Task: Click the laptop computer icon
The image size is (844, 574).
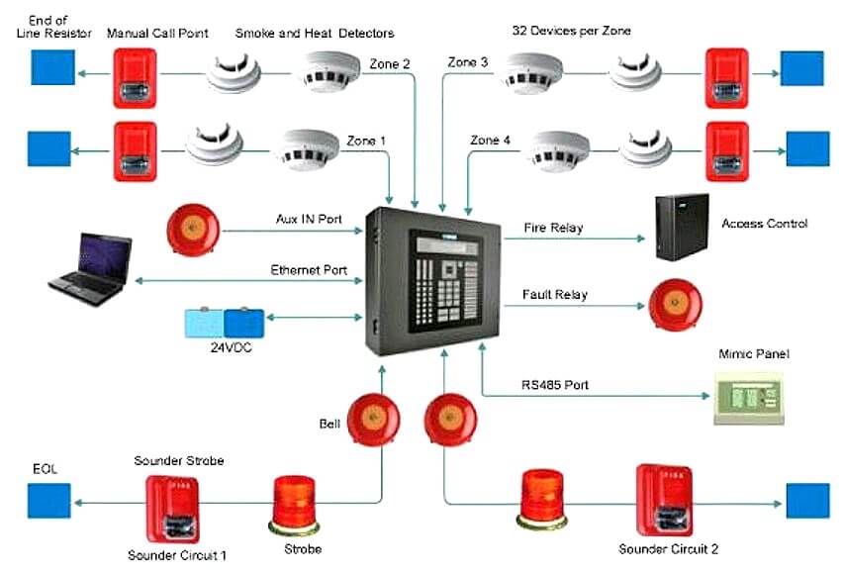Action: [x=90, y=264]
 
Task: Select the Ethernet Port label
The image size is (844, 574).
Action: [x=310, y=270]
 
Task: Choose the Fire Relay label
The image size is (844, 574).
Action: [x=553, y=229]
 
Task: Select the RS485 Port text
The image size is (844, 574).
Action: [x=556, y=383]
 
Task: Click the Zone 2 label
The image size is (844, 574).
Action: [x=390, y=64]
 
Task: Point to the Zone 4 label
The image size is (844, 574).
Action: [x=491, y=141]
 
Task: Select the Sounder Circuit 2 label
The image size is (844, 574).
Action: [x=668, y=548]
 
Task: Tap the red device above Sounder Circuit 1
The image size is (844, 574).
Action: [x=174, y=505]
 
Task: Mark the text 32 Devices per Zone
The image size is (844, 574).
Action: [x=571, y=31]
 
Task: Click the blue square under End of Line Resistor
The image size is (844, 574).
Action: [x=48, y=66]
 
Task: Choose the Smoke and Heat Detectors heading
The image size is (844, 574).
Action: [x=314, y=33]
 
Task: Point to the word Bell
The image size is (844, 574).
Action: [x=329, y=424]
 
